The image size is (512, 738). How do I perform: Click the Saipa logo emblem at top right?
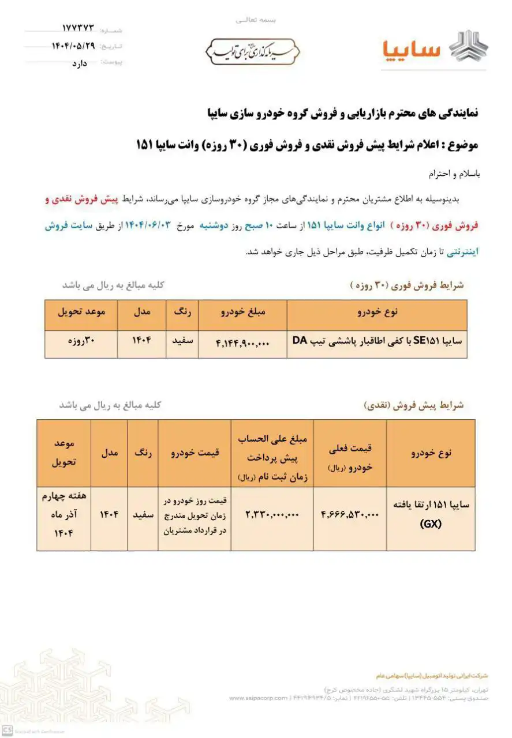pos(468,48)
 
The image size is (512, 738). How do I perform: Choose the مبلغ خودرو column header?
pos(243,312)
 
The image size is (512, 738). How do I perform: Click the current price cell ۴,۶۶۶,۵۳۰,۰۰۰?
pos(349,515)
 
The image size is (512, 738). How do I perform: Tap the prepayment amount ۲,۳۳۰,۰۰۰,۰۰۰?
pos(272,514)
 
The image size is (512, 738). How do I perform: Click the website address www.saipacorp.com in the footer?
pos(258,698)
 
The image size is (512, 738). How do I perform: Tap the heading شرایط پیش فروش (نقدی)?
pos(414,405)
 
